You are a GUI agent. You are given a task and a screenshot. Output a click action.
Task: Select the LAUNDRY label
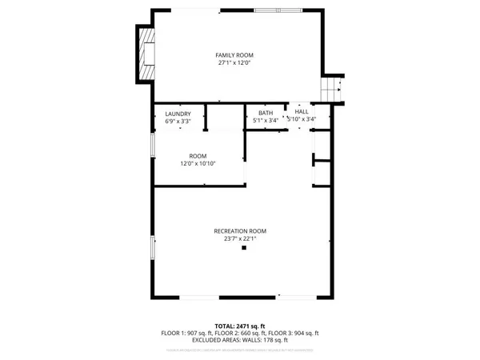click(x=178, y=114)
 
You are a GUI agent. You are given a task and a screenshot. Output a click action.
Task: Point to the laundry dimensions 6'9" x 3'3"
click(x=178, y=122)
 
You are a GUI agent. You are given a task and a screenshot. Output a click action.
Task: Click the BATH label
click(x=266, y=112)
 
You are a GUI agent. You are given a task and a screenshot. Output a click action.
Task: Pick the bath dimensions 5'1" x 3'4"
click(x=266, y=120)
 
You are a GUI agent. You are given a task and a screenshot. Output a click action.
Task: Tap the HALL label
click(x=302, y=111)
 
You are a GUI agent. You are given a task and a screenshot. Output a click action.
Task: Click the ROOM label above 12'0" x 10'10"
click(x=198, y=155)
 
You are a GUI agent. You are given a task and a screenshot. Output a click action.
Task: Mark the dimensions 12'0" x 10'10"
click(x=198, y=163)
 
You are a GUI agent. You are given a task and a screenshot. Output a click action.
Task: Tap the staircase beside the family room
click(x=333, y=89)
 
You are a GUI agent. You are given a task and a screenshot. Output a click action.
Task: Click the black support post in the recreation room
click(x=245, y=248)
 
